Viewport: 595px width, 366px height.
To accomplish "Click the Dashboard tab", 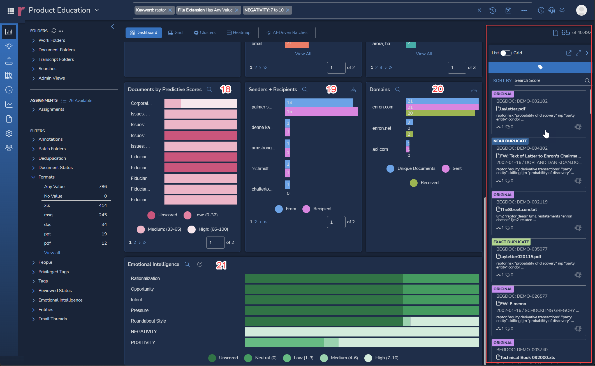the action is click(144, 33).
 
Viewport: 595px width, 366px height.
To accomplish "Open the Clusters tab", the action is click(205, 33).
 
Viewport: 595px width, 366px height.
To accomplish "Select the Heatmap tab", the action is click(239, 33).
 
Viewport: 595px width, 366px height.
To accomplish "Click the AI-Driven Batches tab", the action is click(287, 33).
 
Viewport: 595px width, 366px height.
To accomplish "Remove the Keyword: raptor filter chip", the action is click(170, 10).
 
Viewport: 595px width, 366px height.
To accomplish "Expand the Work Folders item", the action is click(52, 40).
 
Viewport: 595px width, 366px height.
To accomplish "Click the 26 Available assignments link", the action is click(80, 101).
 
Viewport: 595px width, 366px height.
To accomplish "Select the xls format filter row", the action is click(75, 205).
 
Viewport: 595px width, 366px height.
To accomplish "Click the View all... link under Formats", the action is click(54, 253).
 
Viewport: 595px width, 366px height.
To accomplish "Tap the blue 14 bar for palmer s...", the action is click(319, 103).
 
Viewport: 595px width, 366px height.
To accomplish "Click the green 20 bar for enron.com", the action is click(440, 113).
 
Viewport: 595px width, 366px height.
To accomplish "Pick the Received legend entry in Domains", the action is click(424, 183).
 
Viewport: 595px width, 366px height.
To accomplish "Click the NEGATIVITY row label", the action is click(144, 332).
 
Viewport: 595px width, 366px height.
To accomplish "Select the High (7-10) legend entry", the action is click(381, 358).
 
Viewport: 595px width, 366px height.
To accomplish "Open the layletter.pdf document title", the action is click(513, 109).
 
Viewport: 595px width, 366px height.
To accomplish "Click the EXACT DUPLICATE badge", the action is click(511, 242).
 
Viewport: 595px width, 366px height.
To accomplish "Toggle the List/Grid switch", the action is click(506, 53).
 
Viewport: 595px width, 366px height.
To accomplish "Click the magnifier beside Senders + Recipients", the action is click(305, 89).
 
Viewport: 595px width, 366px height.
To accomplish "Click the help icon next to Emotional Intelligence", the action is click(200, 264).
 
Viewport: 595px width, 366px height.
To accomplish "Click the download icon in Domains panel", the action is click(474, 90).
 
